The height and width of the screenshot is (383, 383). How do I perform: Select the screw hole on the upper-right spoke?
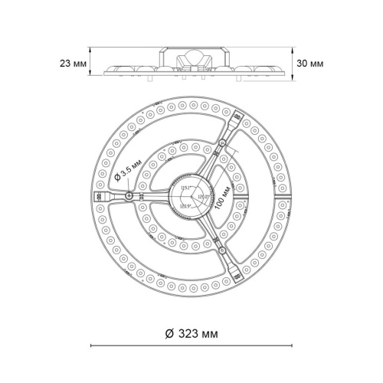pos(221,146)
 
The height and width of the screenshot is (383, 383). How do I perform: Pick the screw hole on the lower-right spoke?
pos(221,249)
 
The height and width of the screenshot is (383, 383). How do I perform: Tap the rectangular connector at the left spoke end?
pos(100,197)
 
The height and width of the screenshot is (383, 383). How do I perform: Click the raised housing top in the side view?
pos(191,47)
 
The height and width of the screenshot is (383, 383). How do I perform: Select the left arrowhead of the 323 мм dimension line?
pos(93,345)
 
